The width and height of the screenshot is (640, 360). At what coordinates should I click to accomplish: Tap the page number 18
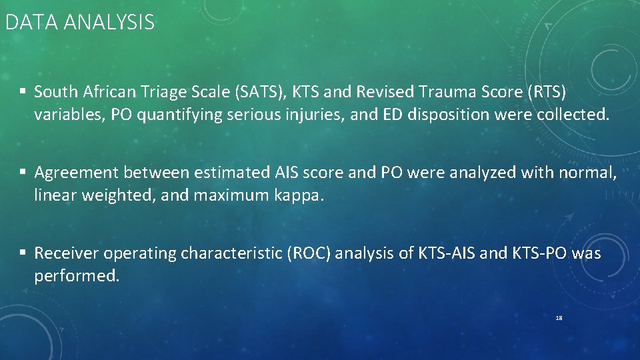tap(559, 319)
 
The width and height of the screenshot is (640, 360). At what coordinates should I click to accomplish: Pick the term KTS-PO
tap(533, 253)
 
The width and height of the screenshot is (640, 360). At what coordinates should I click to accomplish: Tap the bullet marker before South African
tap(23, 91)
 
